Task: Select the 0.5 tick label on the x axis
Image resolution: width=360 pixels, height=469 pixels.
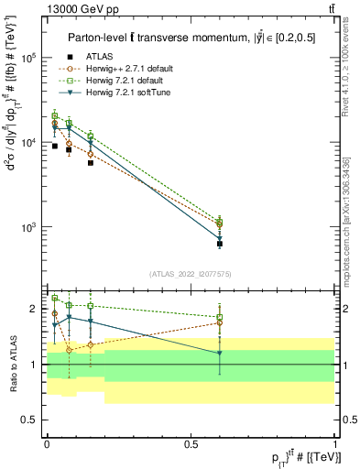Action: [x=191, y=442]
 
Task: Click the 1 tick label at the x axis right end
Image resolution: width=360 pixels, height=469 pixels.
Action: [x=334, y=442]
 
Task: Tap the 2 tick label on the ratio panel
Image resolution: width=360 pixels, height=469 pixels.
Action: [x=35, y=309]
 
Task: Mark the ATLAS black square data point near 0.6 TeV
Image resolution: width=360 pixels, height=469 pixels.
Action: [x=219, y=244]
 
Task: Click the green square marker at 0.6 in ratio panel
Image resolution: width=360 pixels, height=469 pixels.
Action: [x=219, y=317]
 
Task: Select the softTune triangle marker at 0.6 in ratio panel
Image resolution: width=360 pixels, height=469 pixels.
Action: [x=219, y=354]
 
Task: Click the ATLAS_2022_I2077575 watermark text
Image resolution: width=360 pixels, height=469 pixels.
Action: [x=190, y=274]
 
